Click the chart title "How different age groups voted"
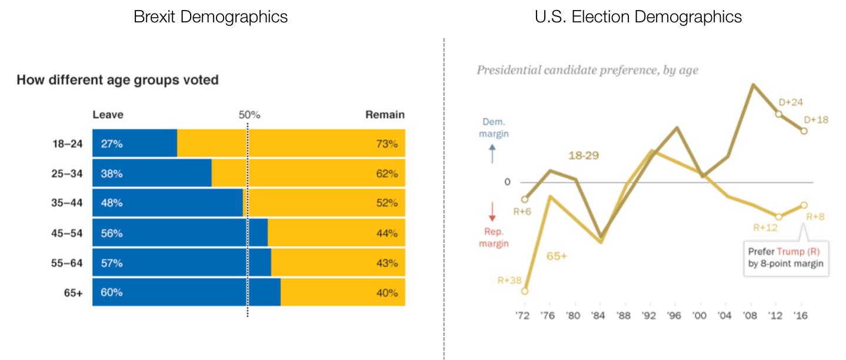tap(118, 80)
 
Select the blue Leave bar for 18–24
tap(135, 143)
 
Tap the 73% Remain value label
tap(387, 143)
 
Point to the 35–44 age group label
tap(67, 203)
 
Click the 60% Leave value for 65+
tap(112, 292)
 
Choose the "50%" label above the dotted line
tap(249, 115)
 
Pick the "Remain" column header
tap(385, 115)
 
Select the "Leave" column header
tap(108, 115)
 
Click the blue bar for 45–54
tap(180, 233)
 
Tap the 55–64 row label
tap(67, 263)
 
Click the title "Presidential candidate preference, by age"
tap(587, 71)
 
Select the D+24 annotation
tap(791, 102)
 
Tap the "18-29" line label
tap(583, 156)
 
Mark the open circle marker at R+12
tap(778, 216)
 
